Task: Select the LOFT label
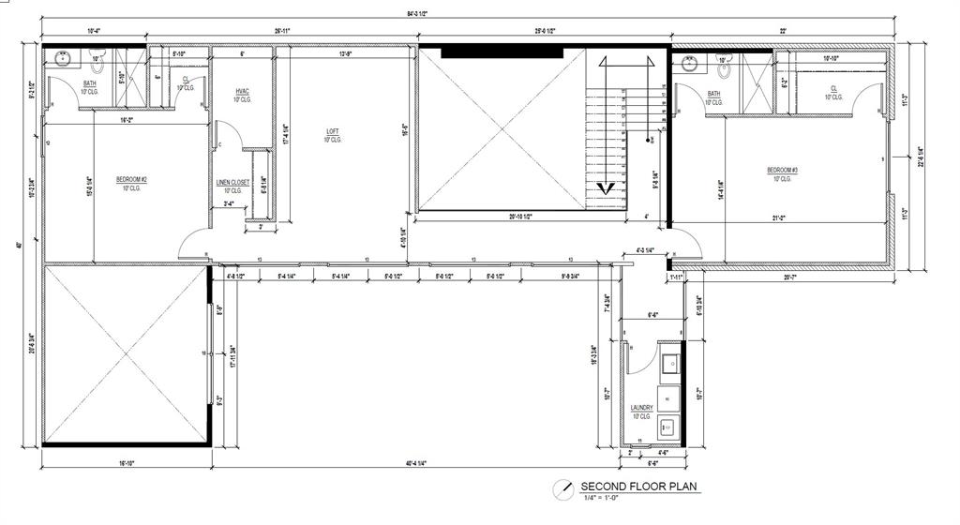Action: click(x=332, y=131)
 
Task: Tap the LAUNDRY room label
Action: click(x=641, y=408)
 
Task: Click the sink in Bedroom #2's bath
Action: click(x=63, y=58)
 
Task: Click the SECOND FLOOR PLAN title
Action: click(x=640, y=487)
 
